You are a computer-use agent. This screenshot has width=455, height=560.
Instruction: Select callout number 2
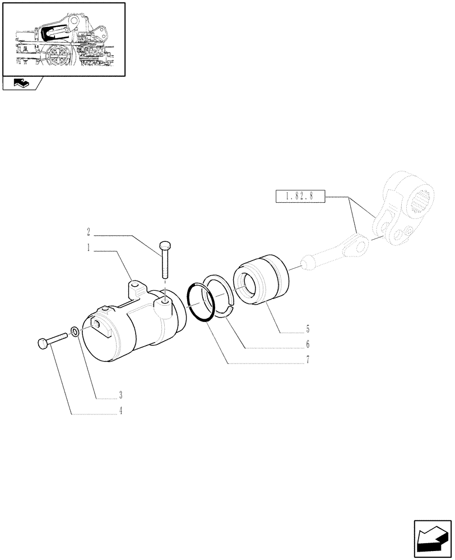point(89,231)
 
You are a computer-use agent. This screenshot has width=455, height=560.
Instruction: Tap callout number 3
point(120,394)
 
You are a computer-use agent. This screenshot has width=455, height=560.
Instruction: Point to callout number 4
point(120,410)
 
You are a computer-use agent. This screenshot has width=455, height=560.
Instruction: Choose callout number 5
point(308,329)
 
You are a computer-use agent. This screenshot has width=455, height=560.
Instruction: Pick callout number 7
point(308,360)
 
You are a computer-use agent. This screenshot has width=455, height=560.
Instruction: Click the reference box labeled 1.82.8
point(301,197)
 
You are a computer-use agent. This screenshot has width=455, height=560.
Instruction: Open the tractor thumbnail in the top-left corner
point(63,39)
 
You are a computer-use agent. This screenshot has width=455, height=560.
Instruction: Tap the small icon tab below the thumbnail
point(20,84)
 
